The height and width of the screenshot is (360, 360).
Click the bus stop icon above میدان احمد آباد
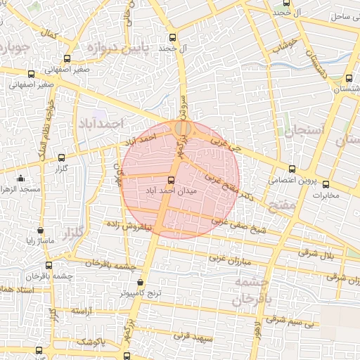(172, 179)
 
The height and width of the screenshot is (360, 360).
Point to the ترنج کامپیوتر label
(139, 292)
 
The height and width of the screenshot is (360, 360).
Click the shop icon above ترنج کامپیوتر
(141, 282)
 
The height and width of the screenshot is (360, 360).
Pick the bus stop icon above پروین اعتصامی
(292, 169)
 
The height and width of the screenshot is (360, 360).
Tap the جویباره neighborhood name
(13, 48)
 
